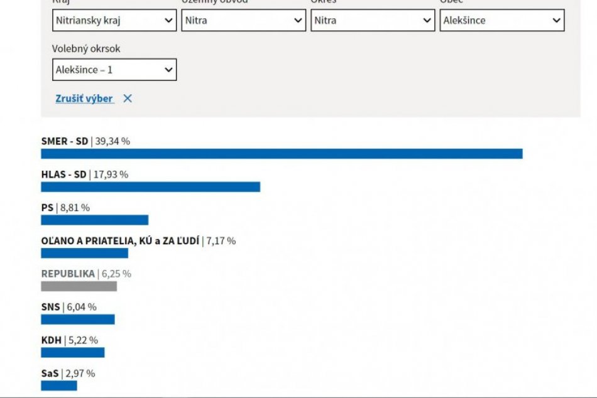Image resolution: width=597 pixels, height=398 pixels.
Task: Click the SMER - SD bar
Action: pyautogui.click(x=282, y=154)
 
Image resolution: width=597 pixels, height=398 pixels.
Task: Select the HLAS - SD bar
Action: pyautogui.click(x=150, y=187)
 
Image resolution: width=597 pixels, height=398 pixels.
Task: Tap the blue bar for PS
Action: pyautogui.click(x=94, y=220)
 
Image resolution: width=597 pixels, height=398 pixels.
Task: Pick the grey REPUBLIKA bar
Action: pyautogui.click(x=79, y=286)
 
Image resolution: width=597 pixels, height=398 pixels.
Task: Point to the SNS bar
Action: pyautogui.click(x=78, y=320)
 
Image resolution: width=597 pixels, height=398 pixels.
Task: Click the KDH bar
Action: pyautogui.click(x=72, y=353)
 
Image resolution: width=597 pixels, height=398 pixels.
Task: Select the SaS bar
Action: pyautogui.click(x=59, y=385)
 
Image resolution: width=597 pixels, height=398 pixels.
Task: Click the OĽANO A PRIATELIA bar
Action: pyautogui.click(x=84, y=253)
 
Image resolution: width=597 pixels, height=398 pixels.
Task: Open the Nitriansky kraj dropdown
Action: pyautogui.click(x=114, y=20)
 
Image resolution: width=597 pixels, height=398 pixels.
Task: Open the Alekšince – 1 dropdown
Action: pyautogui.click(x=114, y=70)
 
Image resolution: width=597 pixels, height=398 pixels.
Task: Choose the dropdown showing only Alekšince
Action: pyautogui.click(x=501, y=20)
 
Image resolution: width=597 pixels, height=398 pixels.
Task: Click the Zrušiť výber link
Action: pyautogui.click(x=84, y=99)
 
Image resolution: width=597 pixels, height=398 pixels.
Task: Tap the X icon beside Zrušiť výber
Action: pyautogui.click(x=128, y=99)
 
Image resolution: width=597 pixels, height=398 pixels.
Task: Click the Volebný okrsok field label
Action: pyautogui.click(x=86, y=48)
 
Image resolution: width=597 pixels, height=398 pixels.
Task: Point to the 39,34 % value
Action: pyautogui.click(x=112, y=141)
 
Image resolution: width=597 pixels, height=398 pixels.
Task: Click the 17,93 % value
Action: pyautogui.click(x=111, y=175)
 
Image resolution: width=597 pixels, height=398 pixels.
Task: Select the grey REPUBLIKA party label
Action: pyautogui.click(x=68, y=274)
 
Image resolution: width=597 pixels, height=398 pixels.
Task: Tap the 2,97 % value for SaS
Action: pyautogui.click(x=80, y=374)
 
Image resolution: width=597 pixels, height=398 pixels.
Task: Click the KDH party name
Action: pyautogui.click(x=52, y=340)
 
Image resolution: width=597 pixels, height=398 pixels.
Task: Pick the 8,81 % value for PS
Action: pyautogui.click(x=74, y=208)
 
